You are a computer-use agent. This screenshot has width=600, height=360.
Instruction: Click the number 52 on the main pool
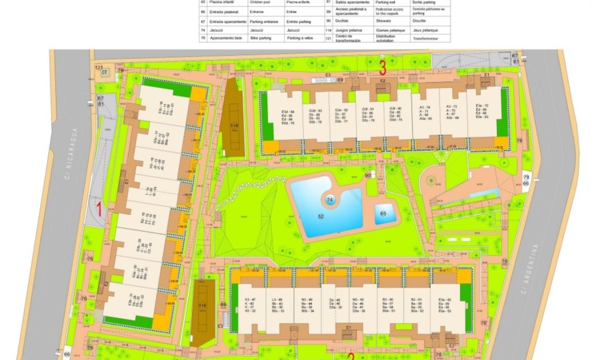321,216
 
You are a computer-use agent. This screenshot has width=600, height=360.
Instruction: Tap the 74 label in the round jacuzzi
330,200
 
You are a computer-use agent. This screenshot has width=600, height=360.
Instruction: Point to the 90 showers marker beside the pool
367,175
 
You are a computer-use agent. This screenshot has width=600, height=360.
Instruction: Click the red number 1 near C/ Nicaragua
98,208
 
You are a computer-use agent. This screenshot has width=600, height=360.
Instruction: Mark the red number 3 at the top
382,67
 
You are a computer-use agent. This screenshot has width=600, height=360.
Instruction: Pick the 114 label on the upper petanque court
234,125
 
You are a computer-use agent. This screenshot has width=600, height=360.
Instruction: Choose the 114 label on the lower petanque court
202,306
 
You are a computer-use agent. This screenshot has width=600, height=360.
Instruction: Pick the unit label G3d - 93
315,111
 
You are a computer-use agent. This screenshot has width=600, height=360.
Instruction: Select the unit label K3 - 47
250,300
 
